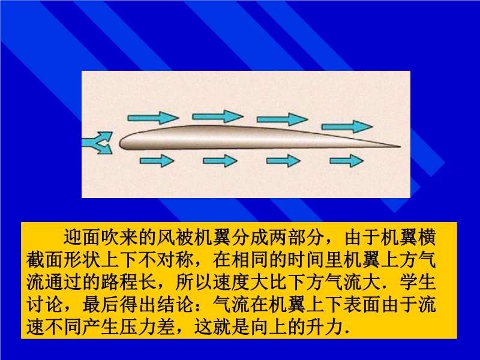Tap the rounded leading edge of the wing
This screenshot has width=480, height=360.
(x=121, y=143)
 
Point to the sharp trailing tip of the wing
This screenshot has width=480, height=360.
(x=400, y=146)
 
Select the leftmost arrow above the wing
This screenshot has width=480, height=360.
(x=153, y=118)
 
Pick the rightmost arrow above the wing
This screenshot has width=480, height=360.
(x=347, y=127)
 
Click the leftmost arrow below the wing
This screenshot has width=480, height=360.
(x=157, y=161)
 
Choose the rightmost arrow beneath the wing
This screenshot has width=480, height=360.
(x=347, y=161)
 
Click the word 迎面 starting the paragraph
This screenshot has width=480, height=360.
(x=82, y=237)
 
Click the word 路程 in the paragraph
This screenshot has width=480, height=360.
(x=119, y=282)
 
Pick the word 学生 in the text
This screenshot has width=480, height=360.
(x=418, y=282)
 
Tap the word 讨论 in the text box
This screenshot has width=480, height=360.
(x=44, y=305)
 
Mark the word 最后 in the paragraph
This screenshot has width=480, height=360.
(x=101, y=305)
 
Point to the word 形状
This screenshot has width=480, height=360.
(x=82, y=260)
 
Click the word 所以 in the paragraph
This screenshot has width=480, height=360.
(x=194, y=282)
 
